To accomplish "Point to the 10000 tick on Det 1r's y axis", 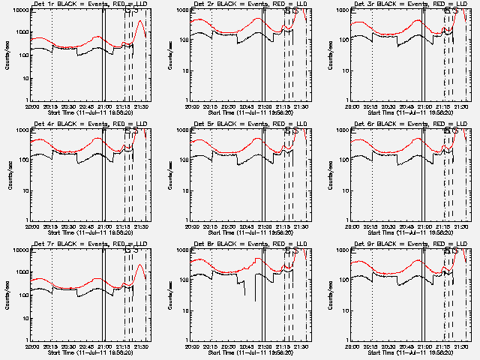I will (19, 10).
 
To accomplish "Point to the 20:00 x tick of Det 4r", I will (31, 226).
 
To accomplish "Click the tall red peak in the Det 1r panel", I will (141, 22).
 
